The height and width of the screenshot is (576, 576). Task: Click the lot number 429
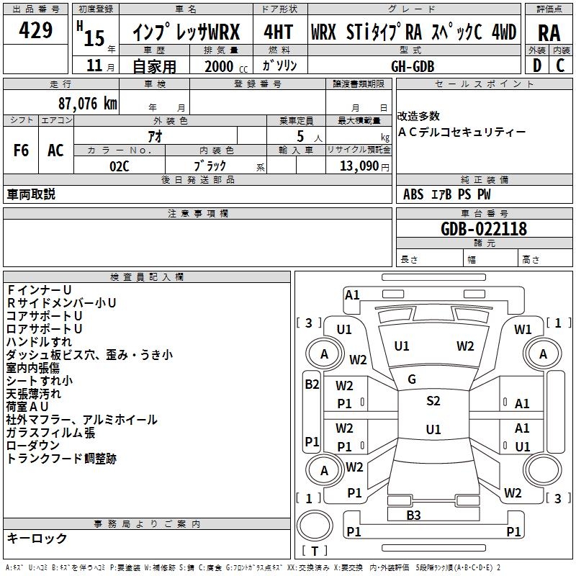pos(36,30)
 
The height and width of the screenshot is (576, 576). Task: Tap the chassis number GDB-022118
pos(484,229)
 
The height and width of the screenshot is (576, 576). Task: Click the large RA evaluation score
pos(549,32)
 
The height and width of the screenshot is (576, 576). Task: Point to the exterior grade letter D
pos(536,66)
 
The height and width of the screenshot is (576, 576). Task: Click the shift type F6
pos(22,150)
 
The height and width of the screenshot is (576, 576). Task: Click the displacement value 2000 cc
pos(224,67)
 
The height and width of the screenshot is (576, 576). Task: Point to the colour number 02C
pos(119,166)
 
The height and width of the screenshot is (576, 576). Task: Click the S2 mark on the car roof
pos(433,401)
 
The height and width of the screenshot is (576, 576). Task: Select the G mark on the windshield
pos(412,379)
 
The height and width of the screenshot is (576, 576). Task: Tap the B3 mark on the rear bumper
pos(413,515)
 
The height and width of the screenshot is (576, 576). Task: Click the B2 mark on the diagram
pos(312,384)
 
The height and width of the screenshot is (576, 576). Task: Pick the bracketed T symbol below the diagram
pos(314,552)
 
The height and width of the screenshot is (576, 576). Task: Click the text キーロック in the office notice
pos(37,539)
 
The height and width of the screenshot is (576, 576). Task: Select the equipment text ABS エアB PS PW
pos(447,194)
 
